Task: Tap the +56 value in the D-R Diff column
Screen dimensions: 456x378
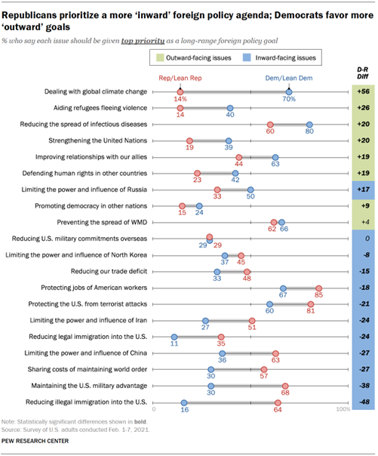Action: (x=364, y=91)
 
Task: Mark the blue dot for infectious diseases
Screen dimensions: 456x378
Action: (x=309, y=124)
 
